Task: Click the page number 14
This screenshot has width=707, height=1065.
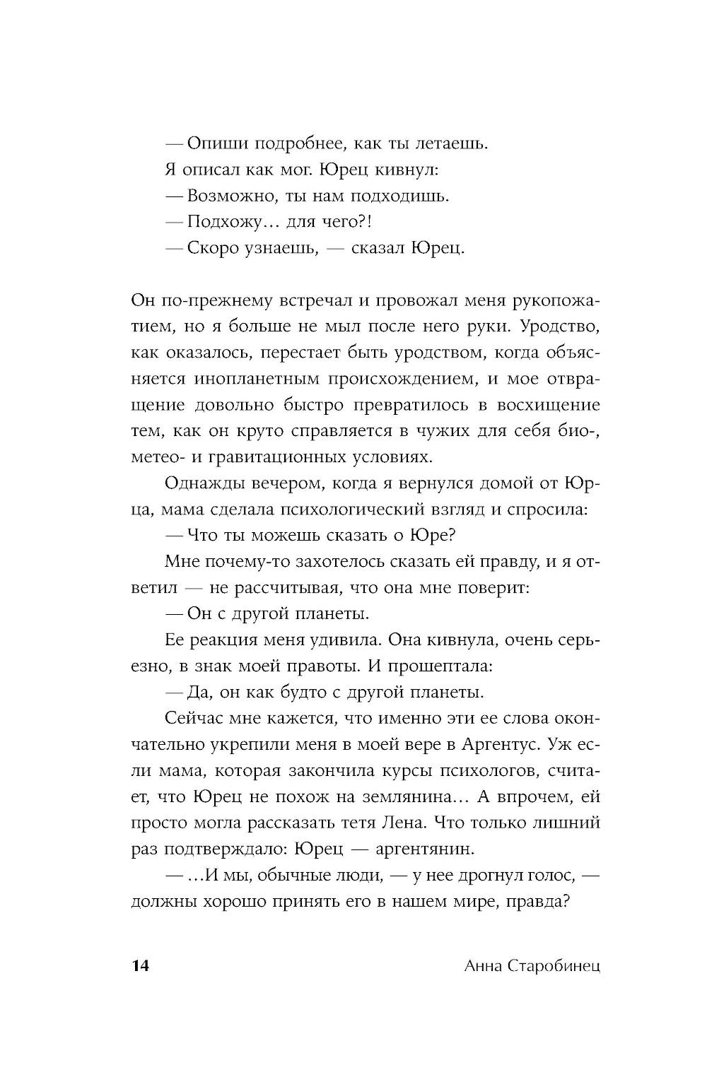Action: click(140, 966)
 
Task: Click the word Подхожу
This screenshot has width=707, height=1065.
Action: click(228, 222)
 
